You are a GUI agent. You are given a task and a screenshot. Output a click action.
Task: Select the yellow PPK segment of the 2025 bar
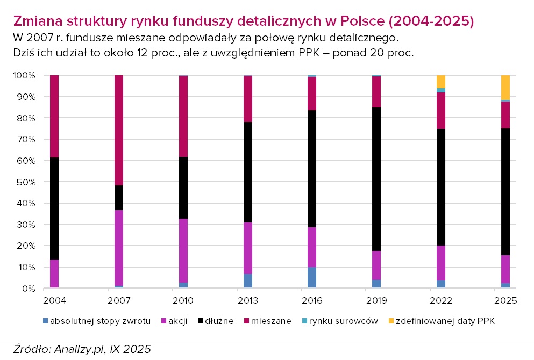(505, 87)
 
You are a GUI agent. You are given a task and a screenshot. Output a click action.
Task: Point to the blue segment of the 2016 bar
(312, 277)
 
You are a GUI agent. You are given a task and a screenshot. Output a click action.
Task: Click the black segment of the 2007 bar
(118, 198)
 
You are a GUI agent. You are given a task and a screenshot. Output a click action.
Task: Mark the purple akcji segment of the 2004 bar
(54, 273)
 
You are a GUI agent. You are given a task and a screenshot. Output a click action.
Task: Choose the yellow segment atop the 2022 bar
(441, 81)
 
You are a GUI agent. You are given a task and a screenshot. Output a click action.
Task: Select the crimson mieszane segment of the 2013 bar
(247, 99)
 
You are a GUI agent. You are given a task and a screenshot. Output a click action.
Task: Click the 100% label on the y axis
(24, 76)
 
